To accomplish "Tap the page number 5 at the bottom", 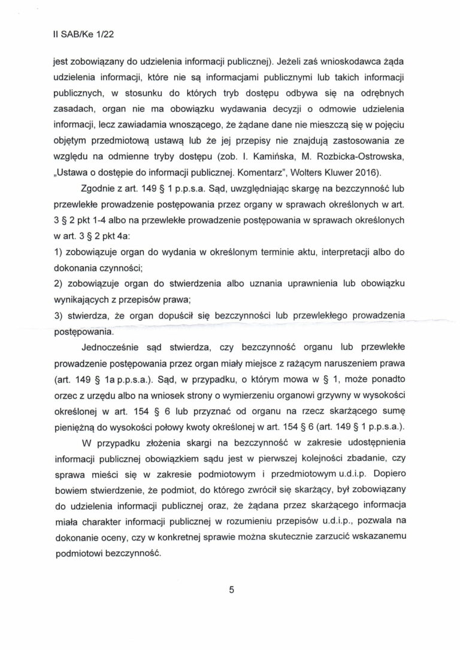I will (x=231, y=590).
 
